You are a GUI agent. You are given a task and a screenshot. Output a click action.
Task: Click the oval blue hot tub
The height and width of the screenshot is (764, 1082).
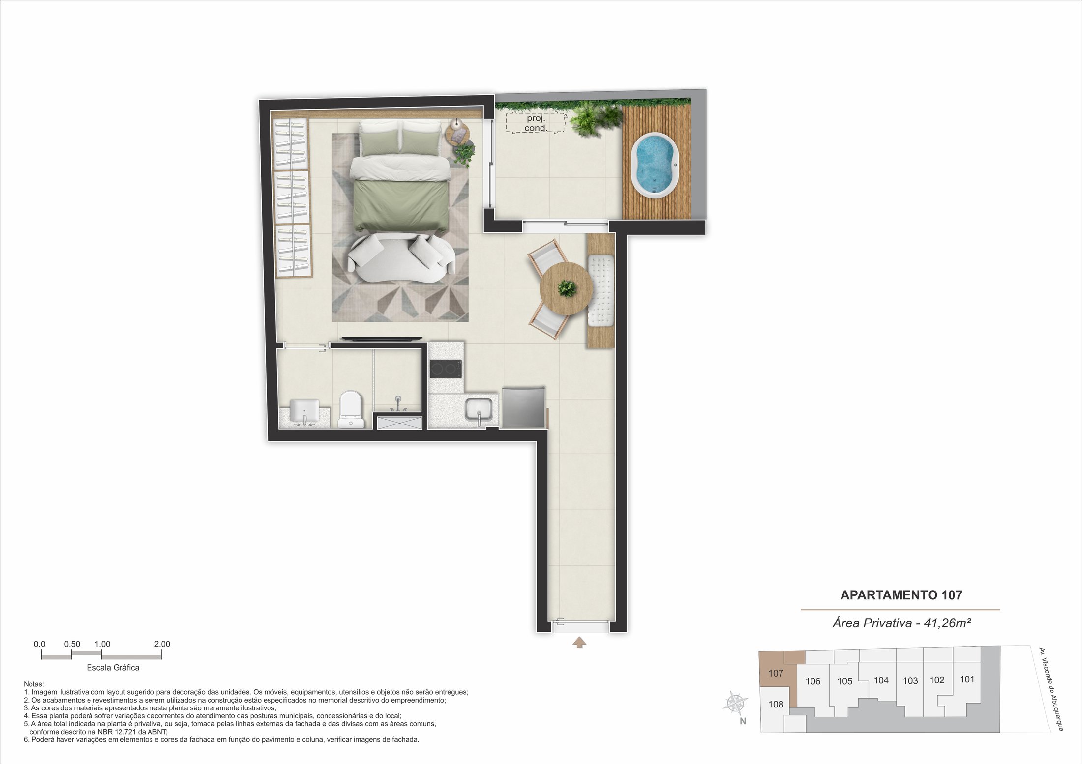click(655, 165)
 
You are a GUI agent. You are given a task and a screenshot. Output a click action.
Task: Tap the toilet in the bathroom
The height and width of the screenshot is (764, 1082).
click(351, 409)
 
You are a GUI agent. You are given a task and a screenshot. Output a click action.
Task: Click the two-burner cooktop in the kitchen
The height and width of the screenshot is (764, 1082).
click(446, 369)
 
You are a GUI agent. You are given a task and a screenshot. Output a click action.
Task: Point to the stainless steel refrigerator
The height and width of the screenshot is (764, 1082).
click(524, 406)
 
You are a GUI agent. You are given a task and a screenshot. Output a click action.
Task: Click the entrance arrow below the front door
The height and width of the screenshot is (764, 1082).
click(580, 643)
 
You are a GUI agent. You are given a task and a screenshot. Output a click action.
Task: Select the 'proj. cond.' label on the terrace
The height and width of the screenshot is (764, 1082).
click(536, 123)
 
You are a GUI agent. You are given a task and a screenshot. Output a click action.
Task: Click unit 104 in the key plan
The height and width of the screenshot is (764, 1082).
click(881, 680)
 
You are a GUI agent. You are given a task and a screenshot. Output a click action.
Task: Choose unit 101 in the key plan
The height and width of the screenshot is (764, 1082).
click(967, 679)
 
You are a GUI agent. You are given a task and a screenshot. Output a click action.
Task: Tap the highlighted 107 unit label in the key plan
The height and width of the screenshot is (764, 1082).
click(776, 673)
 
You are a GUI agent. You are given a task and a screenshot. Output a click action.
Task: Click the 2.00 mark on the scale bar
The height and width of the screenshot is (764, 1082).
click(162, 644)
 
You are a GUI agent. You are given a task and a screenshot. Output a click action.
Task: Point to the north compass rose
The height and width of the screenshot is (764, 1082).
click(735, 703)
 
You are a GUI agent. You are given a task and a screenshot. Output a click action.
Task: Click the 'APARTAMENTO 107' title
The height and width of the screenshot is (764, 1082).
click(901, 595)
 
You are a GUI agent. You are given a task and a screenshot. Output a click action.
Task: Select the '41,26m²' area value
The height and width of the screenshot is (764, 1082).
click(948, 623)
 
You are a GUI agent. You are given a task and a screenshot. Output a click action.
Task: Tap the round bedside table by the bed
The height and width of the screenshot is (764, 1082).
click(458, 132)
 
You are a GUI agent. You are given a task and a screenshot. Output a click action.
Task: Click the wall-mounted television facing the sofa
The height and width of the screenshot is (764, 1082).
click(382, 338)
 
